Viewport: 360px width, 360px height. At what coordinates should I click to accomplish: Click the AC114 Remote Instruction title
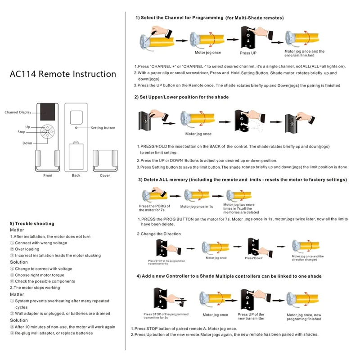tap(63, 74)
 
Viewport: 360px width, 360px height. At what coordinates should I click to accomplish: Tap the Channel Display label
tap(18, 112)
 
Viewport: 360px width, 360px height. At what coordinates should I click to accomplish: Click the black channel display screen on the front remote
tap(47, 112)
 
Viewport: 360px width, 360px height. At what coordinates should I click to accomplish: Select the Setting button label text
tap(103, 128)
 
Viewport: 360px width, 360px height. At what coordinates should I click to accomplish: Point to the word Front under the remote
tap(48, 175)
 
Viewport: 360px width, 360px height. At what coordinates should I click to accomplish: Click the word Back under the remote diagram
tap(76, 175)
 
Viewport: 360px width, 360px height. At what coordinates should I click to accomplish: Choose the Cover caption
tap(105, 175)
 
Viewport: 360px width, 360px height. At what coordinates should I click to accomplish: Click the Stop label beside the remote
tap(21, 132)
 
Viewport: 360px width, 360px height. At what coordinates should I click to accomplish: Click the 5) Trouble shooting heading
tap(32, 224)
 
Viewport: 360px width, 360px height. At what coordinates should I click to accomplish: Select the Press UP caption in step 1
tap(248, 53)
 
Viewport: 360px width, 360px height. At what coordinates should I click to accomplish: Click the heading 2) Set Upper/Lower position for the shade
tap(181, 97)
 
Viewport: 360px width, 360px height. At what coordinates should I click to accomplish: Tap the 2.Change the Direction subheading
tap(159, 234)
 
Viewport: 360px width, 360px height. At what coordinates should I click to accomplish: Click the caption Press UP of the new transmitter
tap(251, 317)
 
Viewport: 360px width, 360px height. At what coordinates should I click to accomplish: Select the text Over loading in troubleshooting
tap(27, 249)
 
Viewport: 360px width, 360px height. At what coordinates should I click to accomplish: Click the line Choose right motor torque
tap(39, 275)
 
